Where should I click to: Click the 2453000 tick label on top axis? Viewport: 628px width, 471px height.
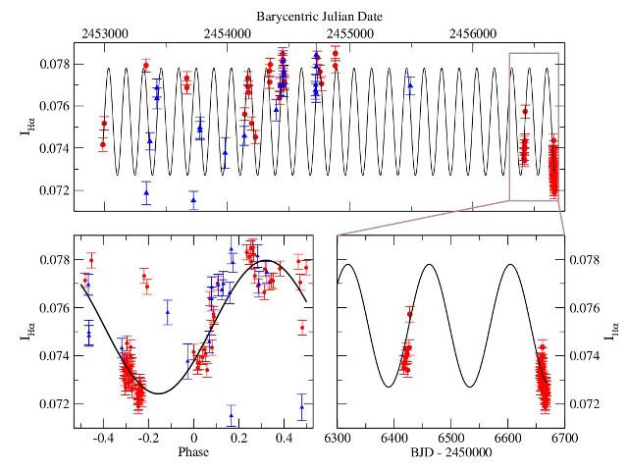click(104, 32)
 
